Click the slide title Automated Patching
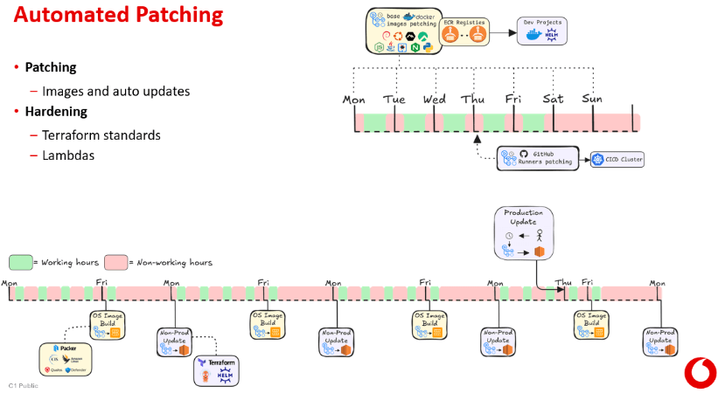click(118, 17)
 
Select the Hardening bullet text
click(55, 112)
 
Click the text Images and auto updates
click(115, 91)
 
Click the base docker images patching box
click(401, 31)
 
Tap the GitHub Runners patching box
click(538, 158)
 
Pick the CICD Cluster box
click(617, 159)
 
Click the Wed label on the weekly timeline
click(435, 100)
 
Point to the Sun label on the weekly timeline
click(592, 99)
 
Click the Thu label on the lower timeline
click(563, 282)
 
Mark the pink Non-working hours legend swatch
click(115, 262)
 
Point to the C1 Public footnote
click(24, 385)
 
